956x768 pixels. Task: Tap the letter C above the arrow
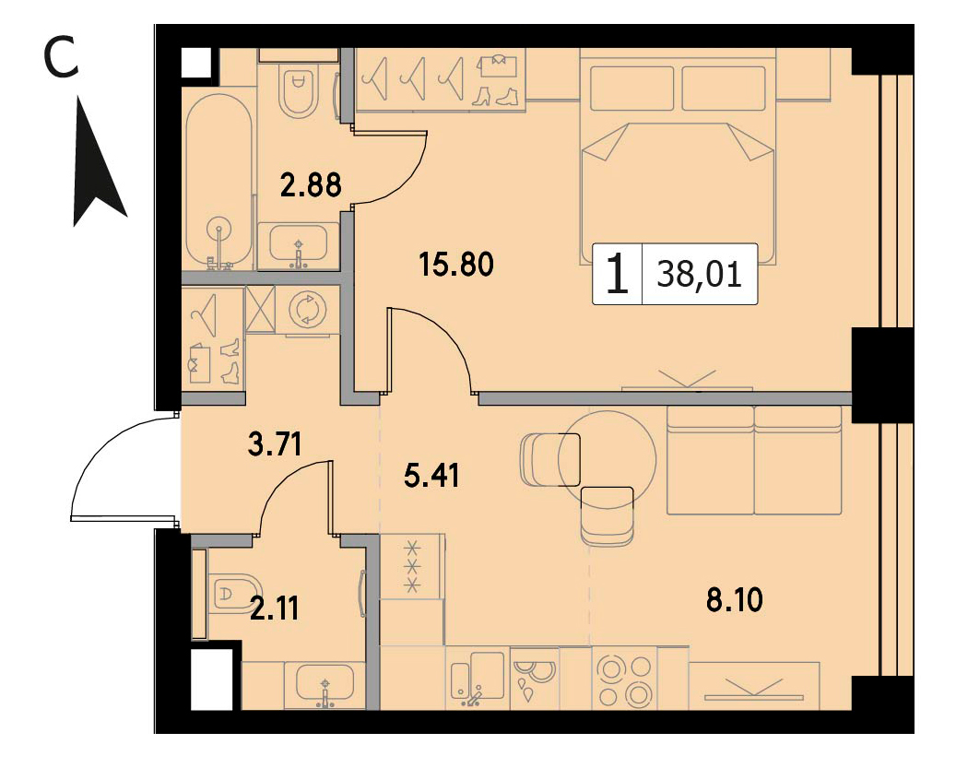pyautogui.click(x=62, y=56)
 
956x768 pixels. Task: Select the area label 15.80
pyautogui.click(x=456, y=265)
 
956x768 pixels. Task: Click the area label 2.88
pyautogui.click(x=311, y=185)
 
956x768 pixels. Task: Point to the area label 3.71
pyautogui.click(x=275, y=443)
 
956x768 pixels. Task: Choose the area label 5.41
pyautogui.click(x=431, y=475)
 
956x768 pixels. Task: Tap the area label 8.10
pyautogui.click(x=734, y=600)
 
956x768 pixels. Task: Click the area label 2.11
pyautogui.click(x=275, y=608)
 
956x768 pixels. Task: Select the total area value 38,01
pyautogui.click(x=700, y=275)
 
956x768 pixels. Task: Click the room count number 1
pyautogui.click(x=618, y=275)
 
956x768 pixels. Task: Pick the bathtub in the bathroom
pyautogui.click(x=218, y=182)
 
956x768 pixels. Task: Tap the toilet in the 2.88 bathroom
pyautogui.click(x=298, y=91)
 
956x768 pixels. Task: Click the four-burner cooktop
pyautogui.click(x=624, y=679)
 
